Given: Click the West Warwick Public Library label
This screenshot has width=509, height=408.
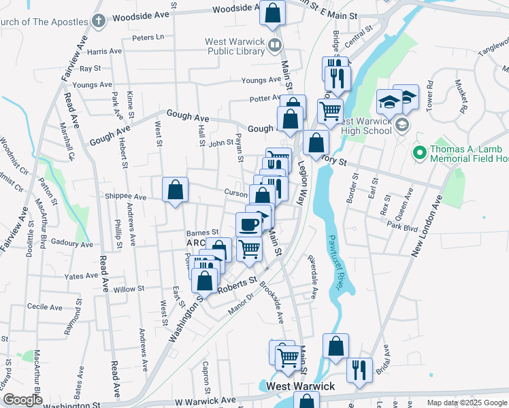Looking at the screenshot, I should (235, 46).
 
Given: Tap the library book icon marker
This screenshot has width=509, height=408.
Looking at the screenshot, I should (275, 46).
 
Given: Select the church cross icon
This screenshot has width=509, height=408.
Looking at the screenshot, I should (99, 20).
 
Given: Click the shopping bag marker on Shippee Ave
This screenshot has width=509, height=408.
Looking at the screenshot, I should (175, 190).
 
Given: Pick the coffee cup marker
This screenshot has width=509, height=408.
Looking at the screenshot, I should (248, 224).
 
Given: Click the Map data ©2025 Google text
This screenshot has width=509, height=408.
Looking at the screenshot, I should (466, 403).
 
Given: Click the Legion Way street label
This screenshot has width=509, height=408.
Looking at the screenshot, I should (300, 180).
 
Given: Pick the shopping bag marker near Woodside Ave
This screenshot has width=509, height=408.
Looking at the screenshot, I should (272, 13).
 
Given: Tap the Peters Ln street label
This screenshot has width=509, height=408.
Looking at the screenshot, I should (148, 37).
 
